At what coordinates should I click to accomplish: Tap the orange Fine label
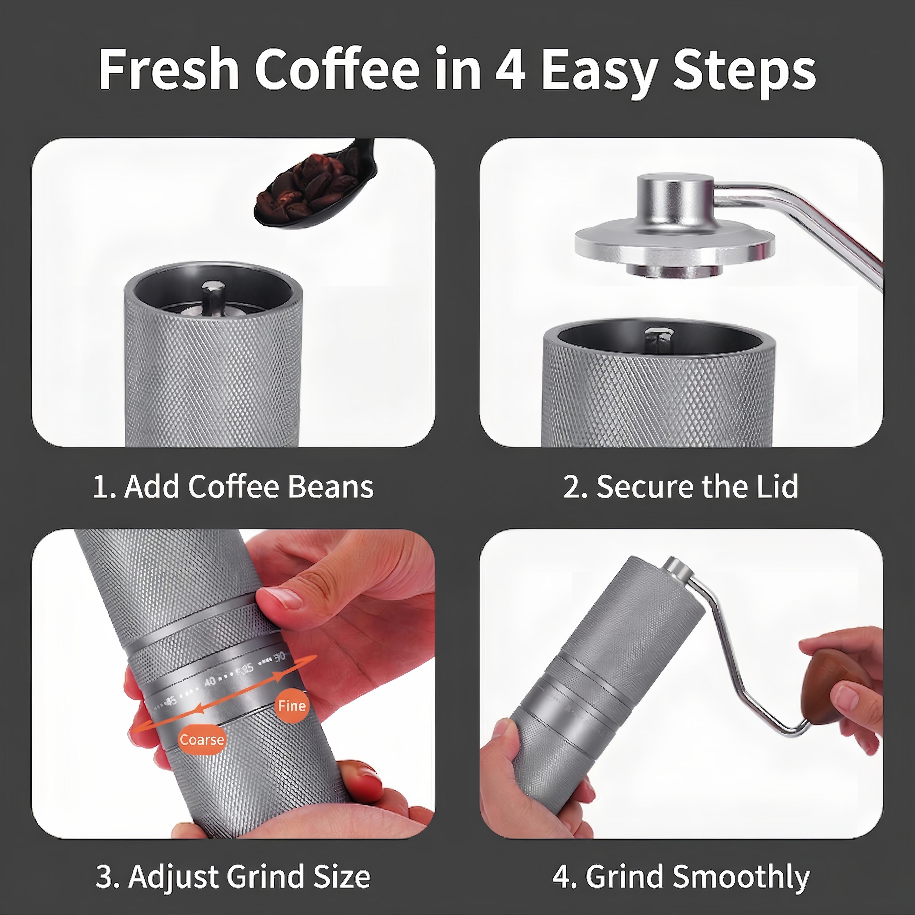coord(292,706)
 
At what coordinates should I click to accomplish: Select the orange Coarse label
coord(202,739)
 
